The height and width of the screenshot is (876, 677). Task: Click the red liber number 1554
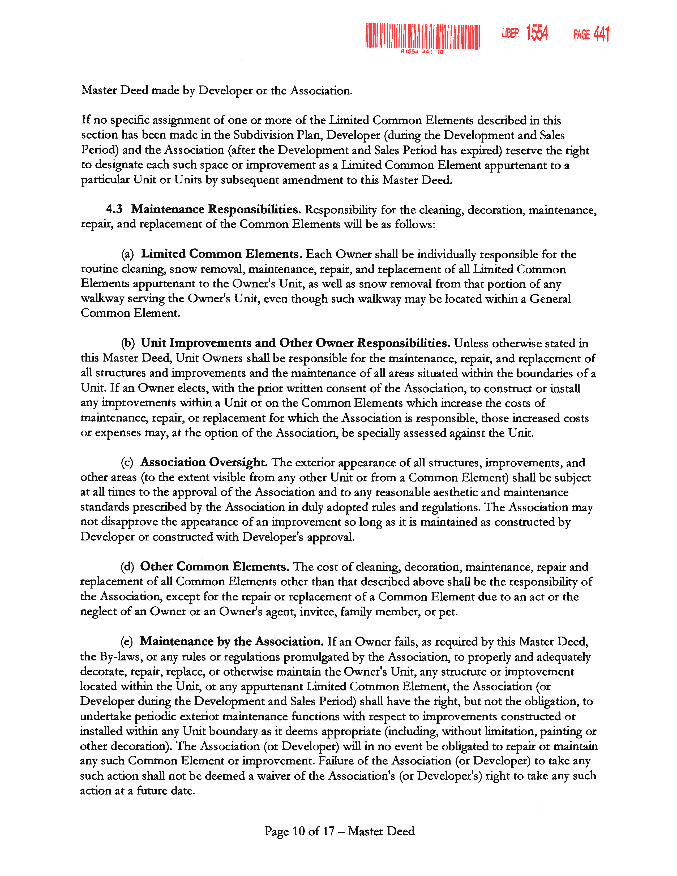pyautogui.click(x=537, y=33)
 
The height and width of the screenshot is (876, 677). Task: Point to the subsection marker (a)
pyautogui.click(x=127, y=254)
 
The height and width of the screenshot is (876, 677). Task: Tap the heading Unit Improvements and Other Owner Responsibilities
pyautogui.click(x=295, y=343)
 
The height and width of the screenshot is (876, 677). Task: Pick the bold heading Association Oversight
pyautogui.click(x=204, y=462)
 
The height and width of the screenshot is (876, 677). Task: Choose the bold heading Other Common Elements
pyautogui.click(x=215, y=566)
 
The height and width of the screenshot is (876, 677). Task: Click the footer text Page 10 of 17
pyautogui.click(x=299, y=831)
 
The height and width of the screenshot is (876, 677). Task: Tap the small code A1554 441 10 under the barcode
pyautogui.click(x=422, y=52)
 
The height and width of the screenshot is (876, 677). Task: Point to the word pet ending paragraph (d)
pyautogui.click(x=448, y=612)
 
